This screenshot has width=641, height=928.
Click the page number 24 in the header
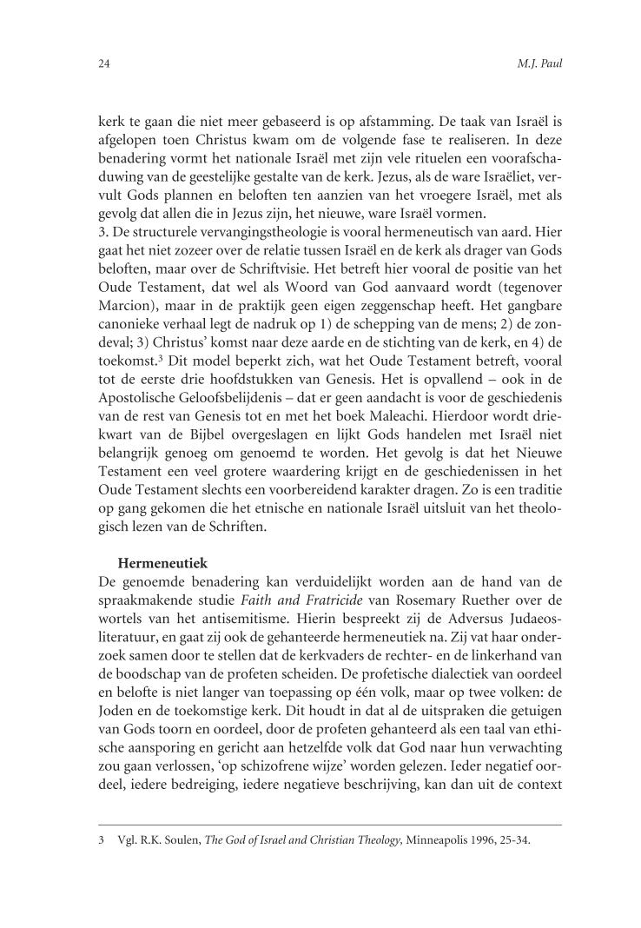click(102, 64)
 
